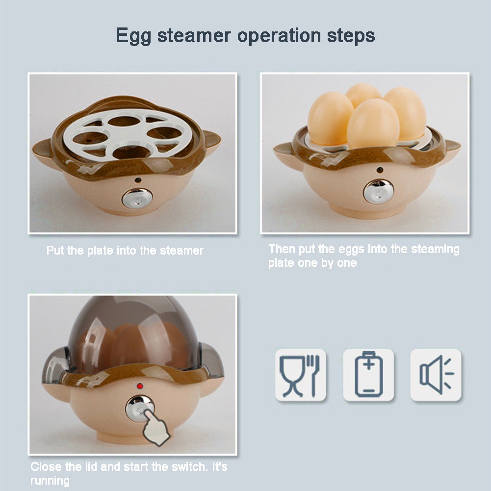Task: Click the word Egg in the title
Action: pyautogui.click(x=133, y=36)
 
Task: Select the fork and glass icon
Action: pyautogui.click(x=300, y=375)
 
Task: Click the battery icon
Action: pyautogui.click(x=368, y=374)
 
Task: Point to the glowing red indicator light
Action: pyautogui.click(x=140, y=386)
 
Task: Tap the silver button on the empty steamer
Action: pyautogui.click(x=137, y=198)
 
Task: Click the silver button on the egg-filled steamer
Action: pyautogui.click(x=378, y=191)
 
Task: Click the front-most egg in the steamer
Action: pyautogui.click(x=373, y=124)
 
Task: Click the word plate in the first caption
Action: pyautogui.click(x=100, y=251)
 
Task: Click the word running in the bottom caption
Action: pyautogui.click(x=50, y=481)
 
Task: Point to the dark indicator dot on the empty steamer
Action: pyautogui.click(x=137, y=181)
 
